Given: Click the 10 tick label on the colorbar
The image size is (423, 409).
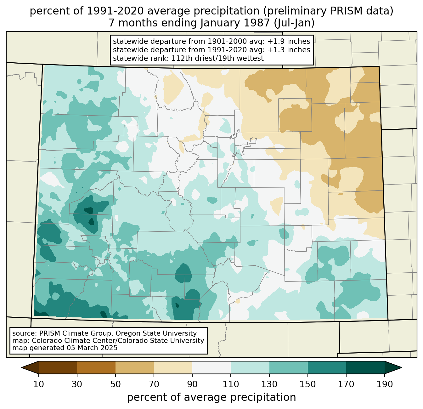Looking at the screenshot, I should click(39, 384).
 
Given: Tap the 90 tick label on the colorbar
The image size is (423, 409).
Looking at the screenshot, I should click(192, 384).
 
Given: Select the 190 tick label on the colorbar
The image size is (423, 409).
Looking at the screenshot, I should click(384, 384).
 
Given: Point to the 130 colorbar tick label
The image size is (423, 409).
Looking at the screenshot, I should click(269, 384).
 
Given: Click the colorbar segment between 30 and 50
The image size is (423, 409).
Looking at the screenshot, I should click(96, 367).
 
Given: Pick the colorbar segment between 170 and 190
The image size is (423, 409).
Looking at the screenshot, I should click(365, 367).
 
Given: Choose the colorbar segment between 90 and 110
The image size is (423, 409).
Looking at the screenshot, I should click(211, 367).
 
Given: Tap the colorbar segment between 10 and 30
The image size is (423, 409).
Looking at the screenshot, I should click(58, 367).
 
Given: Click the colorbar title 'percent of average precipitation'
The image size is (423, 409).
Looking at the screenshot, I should click(211, 397).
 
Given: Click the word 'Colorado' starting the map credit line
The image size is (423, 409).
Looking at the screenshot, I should click(45, 341).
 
